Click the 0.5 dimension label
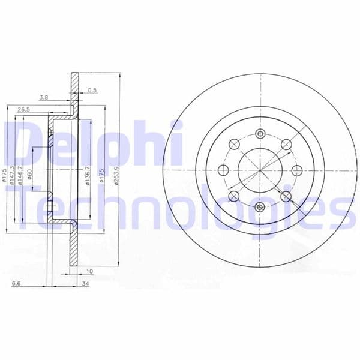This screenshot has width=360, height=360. (x=92, y=90)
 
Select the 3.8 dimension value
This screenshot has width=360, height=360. (x=44, y=97)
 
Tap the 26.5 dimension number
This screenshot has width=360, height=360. (x=24, y=110)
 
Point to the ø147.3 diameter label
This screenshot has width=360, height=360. (x=13, y=175)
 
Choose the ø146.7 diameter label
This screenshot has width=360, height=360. (x=20, y=175)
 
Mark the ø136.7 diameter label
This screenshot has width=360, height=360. (x=88, y=176)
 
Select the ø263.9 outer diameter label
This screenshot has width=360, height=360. (x=116, y=176)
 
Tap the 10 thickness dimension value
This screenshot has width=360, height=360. (x=90, y=271)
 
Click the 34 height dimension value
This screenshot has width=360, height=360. (x=85, y=284)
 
